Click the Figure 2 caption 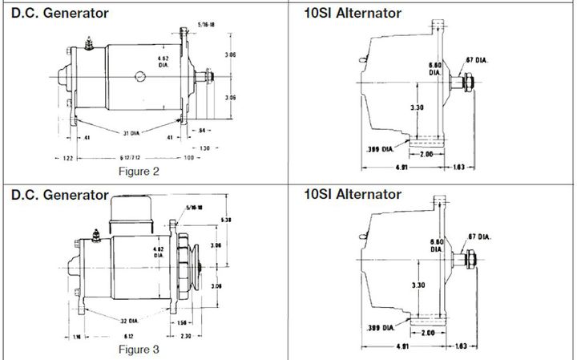point(139,171)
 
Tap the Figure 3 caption point(139,350)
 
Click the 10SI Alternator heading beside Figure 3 point(353,194)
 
